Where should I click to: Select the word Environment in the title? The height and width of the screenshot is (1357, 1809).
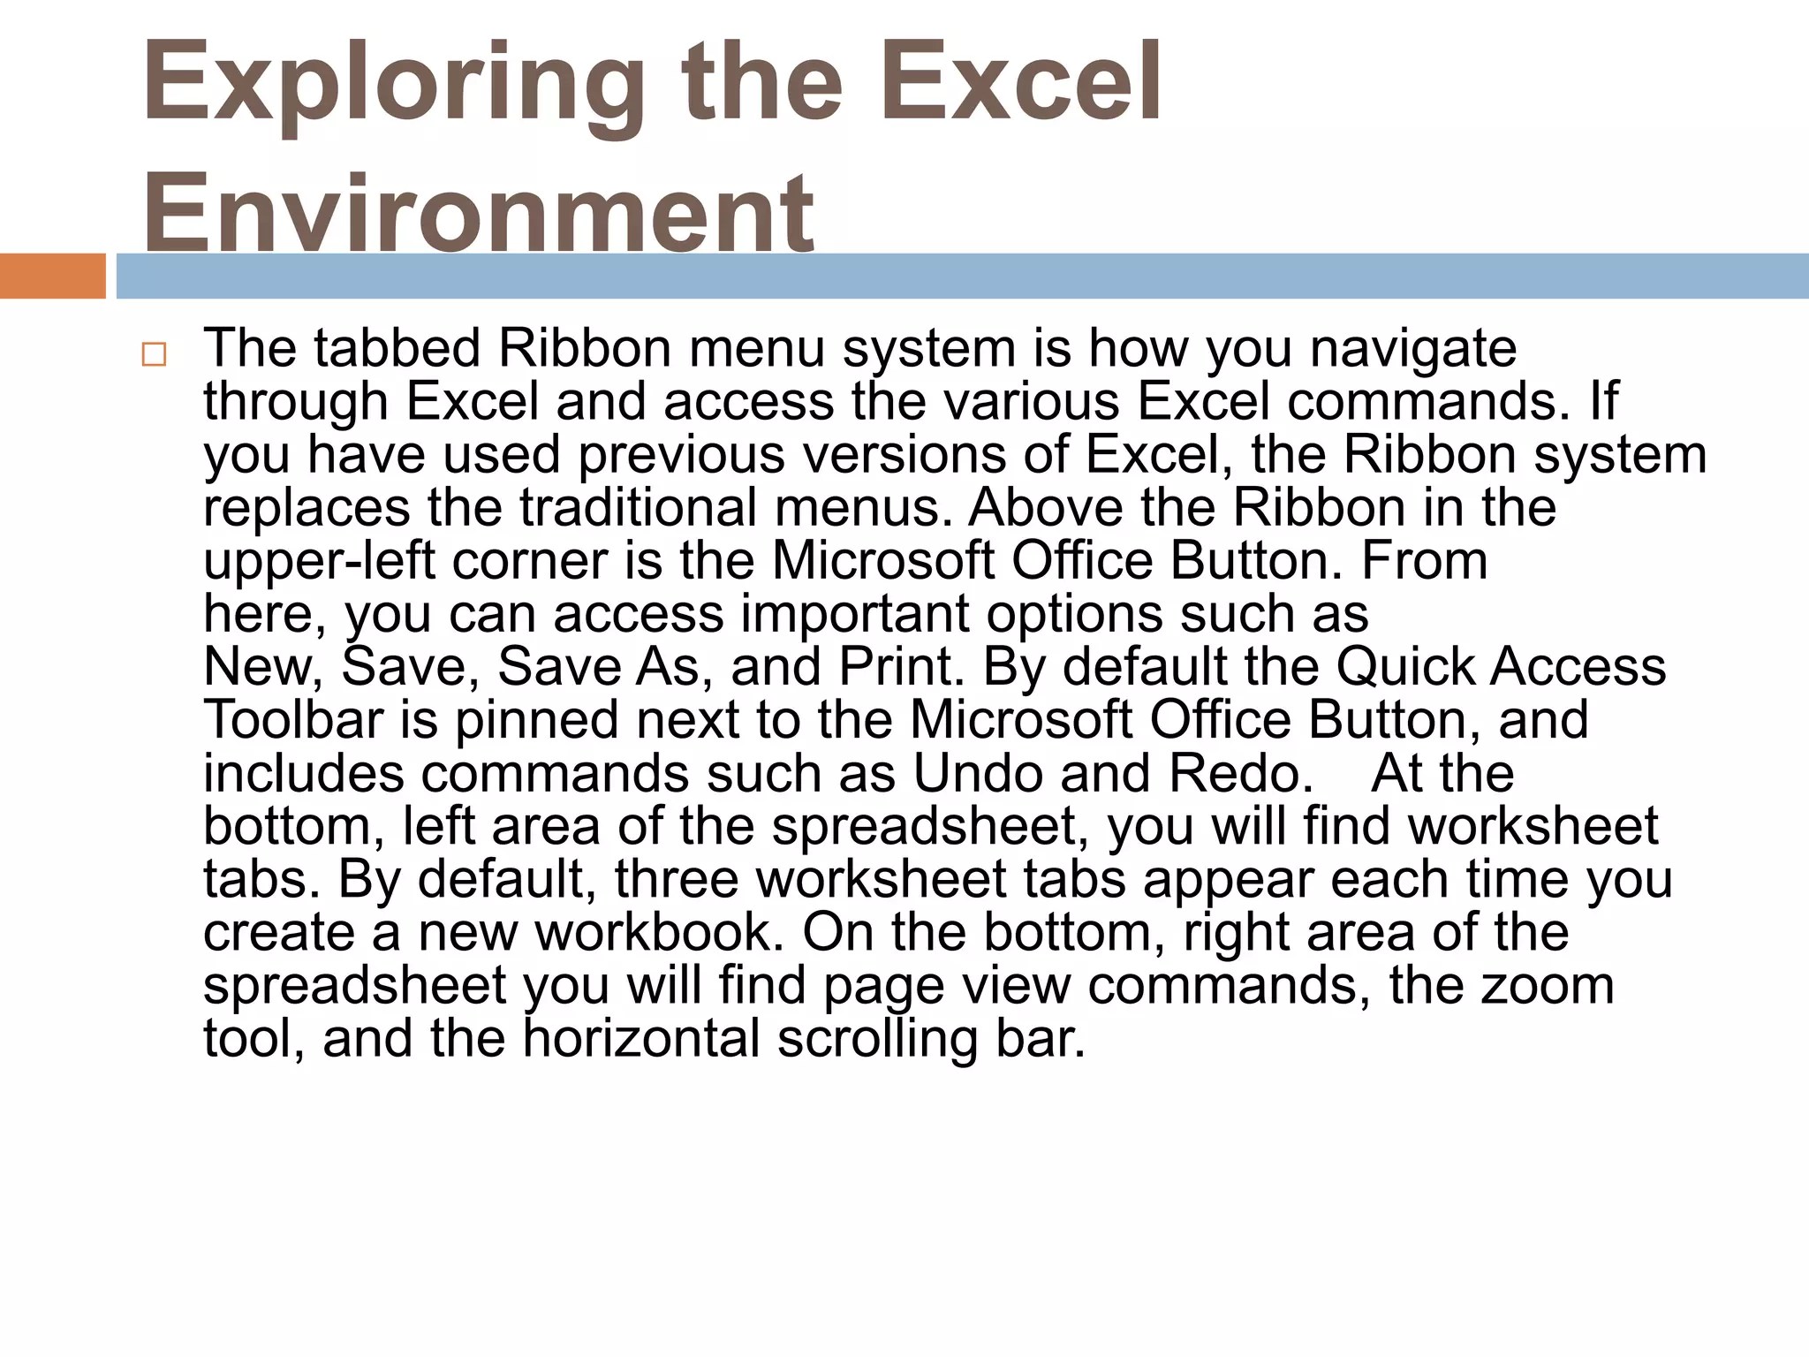pos(478,212)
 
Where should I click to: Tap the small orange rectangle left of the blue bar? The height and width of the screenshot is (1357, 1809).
pos(52,276)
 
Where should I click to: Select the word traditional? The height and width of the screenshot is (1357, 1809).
pos(638,508)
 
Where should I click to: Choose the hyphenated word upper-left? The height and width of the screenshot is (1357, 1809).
pos(319,562)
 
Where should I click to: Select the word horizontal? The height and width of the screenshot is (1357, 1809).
pos(641,1039)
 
